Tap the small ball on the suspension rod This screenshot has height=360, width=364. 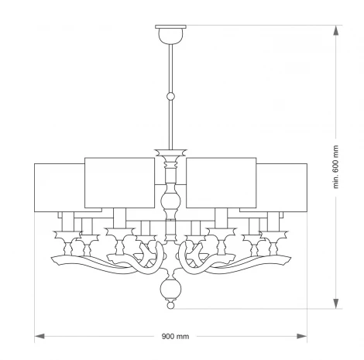pos(171,97)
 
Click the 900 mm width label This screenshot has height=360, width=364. pos(175,337)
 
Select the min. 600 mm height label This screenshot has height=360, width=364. pos(336,167)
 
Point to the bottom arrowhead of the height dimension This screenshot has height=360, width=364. pos(336,303)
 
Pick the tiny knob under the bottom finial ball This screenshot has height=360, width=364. pos(171,307)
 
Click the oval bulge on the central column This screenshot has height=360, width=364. pos(171,203)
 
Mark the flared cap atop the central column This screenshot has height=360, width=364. pos(171,152)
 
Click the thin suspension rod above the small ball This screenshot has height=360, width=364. pos(171,70)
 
